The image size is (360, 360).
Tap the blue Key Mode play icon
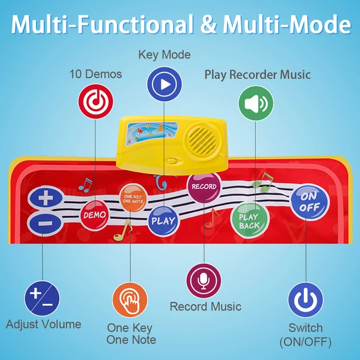[x=164, y=84]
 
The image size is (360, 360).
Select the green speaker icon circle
[x=256, y=103]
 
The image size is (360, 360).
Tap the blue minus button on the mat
[x=44, y=224]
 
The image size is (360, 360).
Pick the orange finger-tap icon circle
[x=130, y=300]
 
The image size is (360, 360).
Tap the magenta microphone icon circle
[x=203, y=280]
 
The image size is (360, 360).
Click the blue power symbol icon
[x=305, y=299]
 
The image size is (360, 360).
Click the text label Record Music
[x=205, y=307]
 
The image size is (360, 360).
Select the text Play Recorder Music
[x=257, y=74]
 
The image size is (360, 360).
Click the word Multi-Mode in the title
[x=287, y=25]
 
